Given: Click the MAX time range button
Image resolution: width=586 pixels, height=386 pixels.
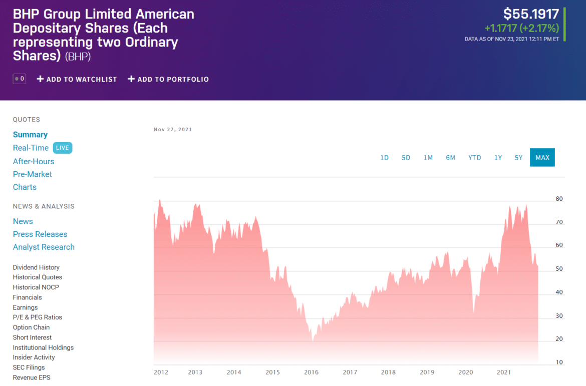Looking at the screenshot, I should click(x=542, y=158).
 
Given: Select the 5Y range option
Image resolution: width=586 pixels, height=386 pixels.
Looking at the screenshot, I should click(x=518, y=158).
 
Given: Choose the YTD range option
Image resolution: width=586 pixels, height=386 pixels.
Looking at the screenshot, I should click(x=474, y=158).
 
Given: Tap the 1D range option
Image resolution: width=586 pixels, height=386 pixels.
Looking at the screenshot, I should click(x=384, y=158).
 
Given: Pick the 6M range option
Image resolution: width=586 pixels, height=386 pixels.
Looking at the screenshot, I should click(x=450, y=158).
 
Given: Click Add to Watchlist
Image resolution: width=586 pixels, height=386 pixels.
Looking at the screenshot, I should click(x=77, y=79).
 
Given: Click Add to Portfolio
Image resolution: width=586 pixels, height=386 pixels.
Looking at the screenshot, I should click(x=168, y=79).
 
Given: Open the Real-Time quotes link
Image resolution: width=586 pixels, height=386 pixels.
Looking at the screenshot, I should click(x=31, y=148).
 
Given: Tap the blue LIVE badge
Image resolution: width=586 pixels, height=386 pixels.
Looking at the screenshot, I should click(x=63, y=148).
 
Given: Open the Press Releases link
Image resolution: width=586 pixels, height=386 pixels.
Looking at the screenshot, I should click(x=40, y=234).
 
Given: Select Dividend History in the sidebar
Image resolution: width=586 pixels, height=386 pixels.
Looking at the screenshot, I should click(x=36, y=267).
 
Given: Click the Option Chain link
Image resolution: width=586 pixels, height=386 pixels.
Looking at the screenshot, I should click(x=31, y=327).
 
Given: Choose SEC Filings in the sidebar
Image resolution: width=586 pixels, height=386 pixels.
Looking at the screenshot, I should click(x=29, y=367).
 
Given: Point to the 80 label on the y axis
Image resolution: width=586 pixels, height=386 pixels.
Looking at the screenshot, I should click(x=559, y=199).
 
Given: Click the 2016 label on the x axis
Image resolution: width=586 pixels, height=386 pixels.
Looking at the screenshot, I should click(x=311, y=372).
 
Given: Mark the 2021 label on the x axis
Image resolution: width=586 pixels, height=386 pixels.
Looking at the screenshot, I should click(x=503, y=372).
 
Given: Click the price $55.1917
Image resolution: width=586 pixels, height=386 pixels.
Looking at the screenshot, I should click(x=531, y=14).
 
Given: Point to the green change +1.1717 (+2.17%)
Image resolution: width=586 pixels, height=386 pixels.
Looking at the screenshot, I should click(x=521, y=28).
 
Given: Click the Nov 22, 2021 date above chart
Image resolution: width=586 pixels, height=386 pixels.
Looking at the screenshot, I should click(x=173, y=130).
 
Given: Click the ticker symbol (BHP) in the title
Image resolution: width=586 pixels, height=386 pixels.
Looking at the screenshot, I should click(x=78, y=57).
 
